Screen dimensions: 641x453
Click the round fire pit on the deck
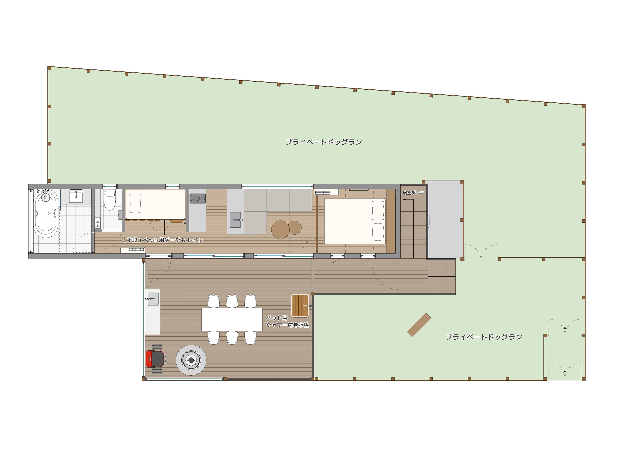click(191, 360)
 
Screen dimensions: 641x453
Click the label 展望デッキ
click(413, 193)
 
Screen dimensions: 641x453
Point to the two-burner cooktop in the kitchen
click(198, 199)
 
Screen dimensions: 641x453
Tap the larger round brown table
click(280, 229)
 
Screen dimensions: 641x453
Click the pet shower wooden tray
click(300, 305)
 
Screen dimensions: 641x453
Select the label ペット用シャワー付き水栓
click(287, 321)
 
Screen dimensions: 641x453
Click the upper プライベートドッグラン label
click(324, 142)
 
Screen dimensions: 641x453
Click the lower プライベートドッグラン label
click(484, 337)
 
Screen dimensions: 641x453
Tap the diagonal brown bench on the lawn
click(419, 325)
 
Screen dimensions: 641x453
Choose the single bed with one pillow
click(155, 204)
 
